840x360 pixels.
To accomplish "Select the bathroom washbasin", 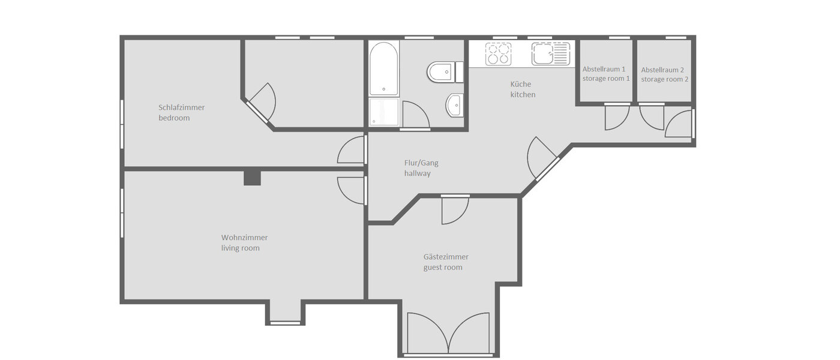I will click(454, 106).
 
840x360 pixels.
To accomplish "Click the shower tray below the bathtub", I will click(383, 112).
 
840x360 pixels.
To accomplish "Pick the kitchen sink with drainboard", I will click(549, 55).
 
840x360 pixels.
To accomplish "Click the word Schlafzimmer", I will click(182, 107).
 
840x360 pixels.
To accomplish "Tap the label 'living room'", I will click(240, 248).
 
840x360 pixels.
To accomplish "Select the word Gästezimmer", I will click(446, 257).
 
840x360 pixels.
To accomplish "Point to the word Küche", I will click(521, 84).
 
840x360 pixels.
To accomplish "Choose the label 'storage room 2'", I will click(664, 79).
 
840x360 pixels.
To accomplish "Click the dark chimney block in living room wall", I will click(253, 178).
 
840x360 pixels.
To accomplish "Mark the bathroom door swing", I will click(415, 115).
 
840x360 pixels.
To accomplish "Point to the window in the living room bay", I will click(286, 323).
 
